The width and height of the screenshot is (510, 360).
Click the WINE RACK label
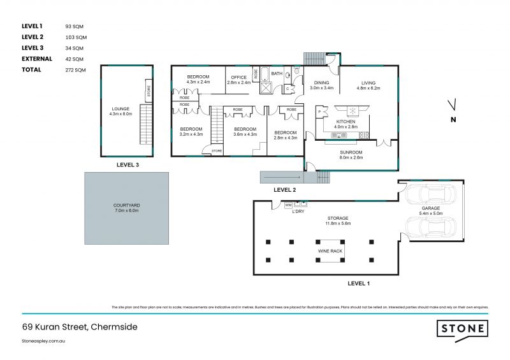point(330,251)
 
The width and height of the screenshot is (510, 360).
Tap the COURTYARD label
point(127,205)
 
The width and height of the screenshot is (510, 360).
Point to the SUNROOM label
point(351,153)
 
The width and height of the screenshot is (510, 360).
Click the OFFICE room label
point(239,78)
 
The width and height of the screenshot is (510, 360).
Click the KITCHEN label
point(346,121)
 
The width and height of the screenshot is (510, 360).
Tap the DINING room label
point(321,83)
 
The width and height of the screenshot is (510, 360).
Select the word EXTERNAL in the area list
point(37,59)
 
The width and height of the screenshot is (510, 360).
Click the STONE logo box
point(462,329)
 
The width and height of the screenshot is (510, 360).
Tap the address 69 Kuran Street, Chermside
point(80,327)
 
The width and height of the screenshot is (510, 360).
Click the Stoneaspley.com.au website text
point(44,342)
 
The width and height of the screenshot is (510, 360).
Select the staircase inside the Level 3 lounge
point(145,126)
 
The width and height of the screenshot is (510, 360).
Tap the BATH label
point(277,74)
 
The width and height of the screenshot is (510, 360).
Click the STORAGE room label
point(339,219)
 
